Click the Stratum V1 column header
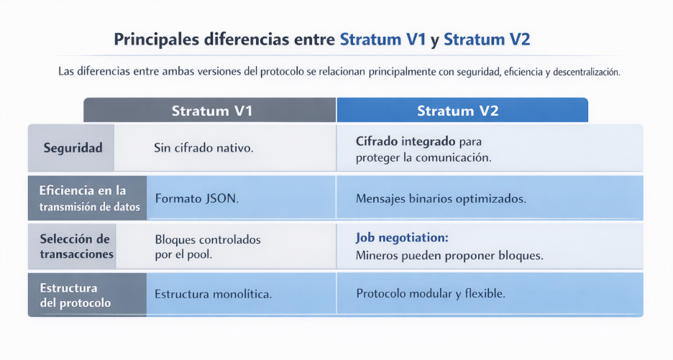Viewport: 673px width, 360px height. coord(211,111)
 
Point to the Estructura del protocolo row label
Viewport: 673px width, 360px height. coord(76,295)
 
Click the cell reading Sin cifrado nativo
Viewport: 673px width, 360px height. coord(204,148)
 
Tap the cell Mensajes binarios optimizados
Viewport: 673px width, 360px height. coord(441,198)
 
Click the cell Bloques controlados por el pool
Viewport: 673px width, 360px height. coord(208,246)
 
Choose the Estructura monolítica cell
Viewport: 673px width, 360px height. coord(214,295)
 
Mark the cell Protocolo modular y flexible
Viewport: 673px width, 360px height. coord(431,295)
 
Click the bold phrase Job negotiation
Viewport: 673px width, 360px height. coord(402,238)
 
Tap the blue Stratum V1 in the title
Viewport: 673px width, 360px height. coord(383,40)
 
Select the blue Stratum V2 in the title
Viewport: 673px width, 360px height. coord(487,40)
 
